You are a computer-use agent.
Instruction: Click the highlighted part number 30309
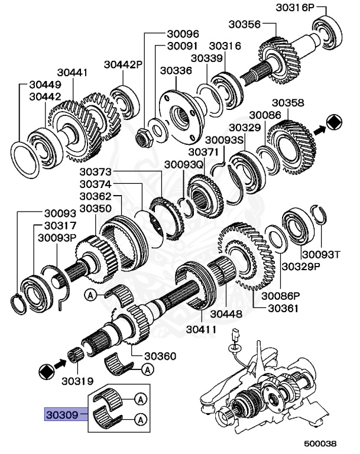[62, 414]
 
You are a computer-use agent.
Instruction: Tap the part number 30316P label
[295, 8]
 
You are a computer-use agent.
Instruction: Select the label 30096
[183, 34]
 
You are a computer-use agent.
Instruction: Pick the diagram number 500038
[320, 443]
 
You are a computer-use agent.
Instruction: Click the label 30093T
[321, 255]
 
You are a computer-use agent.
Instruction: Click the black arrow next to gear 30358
[319, 130]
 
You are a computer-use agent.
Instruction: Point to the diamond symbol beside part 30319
[46, 371]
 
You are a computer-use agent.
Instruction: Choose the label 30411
[202, 329]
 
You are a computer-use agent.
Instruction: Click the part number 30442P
[124, 64]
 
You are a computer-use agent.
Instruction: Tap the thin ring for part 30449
[25, 160]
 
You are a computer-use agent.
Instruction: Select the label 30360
[160, 356]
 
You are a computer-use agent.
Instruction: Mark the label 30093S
[225, 140]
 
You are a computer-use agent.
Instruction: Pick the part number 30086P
[281, 296]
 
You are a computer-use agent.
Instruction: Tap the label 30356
[245, 24]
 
